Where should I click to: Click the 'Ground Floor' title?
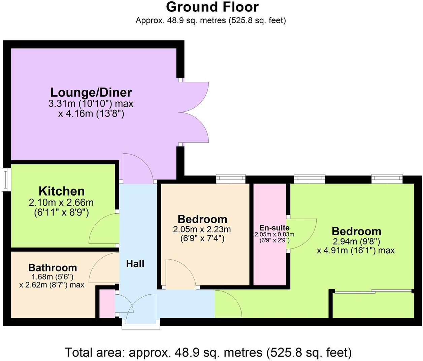pos(212,7)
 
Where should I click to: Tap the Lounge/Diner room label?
pos(91,92)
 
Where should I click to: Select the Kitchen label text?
pos(62,191)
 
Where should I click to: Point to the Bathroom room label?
pos(53,268)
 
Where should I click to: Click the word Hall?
pos(135,264)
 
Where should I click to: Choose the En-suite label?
pos(274,228)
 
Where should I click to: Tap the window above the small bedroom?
pos(231,178)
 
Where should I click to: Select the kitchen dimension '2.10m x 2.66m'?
pos(61,203)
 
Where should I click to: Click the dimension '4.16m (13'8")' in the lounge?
pos(91,114)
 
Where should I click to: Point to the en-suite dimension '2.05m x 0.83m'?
pos(274,234)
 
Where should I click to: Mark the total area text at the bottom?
pos(208,353)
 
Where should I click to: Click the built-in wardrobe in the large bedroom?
pos(373,305)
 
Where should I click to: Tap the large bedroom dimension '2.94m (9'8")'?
pos(356,241)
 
